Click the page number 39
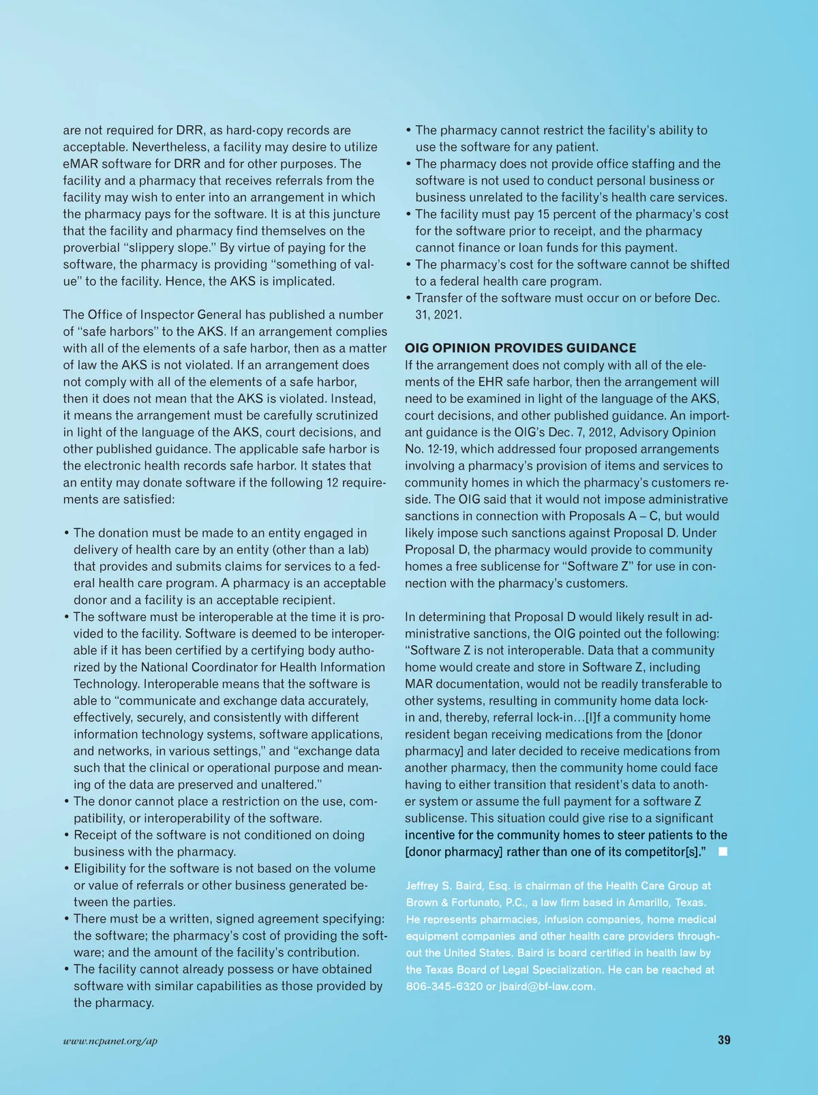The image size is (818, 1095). coord(724,1040)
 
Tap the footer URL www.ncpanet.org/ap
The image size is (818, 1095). coord(110,1040)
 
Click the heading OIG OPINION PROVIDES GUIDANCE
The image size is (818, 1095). coord(520,348)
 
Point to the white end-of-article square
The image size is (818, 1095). coord(723,852)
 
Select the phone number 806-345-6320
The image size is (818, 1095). coord(444,986)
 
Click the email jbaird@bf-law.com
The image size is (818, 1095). coord(547,986)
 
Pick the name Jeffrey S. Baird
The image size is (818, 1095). coord(444,886)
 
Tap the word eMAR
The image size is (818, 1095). coord(81,164)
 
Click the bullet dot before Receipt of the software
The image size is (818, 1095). coord(67,835)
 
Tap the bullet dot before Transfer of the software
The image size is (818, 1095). coord(408,298)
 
